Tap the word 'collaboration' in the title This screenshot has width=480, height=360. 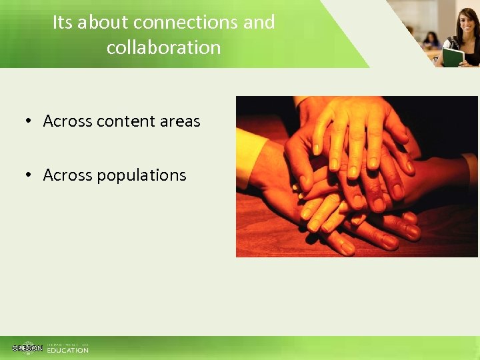tap(163, 47)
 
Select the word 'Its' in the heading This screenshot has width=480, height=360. tap(62, 23)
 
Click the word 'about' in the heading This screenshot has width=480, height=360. tap(103, 23)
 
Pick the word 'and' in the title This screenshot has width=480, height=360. tap(259, 23)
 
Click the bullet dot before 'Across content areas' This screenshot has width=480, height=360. tap(29, 121)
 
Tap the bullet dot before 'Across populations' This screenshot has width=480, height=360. tap(29, 175)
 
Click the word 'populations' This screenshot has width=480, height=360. tap(141, 176)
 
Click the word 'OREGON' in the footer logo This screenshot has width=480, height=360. tap(27, 349)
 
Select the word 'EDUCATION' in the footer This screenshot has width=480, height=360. tap(67, 350)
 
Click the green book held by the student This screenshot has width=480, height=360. tap(453, 56)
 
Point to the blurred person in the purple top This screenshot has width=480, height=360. tap(431, 39)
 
